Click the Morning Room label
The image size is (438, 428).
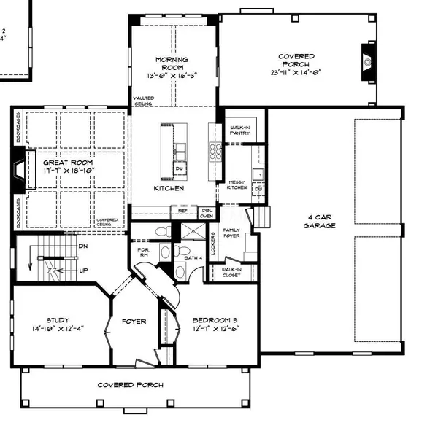coord(172,64)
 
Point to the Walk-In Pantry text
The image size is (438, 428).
coord(239,131)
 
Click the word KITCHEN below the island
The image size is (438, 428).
coord(169,188)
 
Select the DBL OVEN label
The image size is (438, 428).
coord(207,212)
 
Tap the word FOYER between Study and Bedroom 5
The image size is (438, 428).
coord(134,322)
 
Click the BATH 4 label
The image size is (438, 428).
coord(193,258)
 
